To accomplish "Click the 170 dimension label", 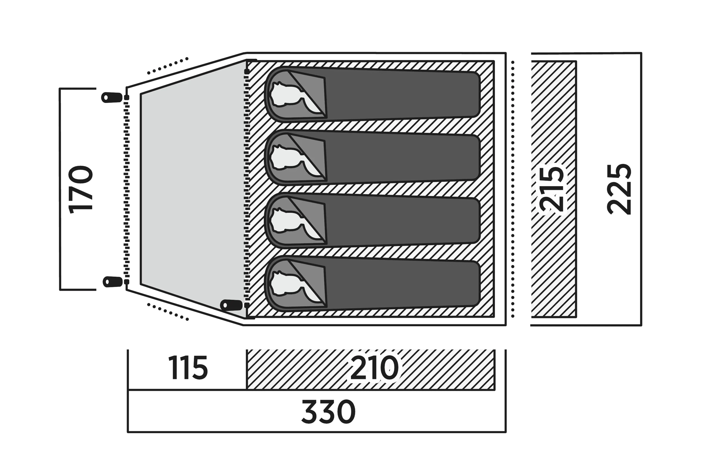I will coord(81,189).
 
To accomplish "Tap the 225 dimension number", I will coord(619,189).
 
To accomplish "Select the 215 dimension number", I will coord(553,189).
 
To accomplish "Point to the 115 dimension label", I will coord(188,368).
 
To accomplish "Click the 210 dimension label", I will coord(374,368).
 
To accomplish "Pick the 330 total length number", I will coord(328,412).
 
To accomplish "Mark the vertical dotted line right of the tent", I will coord(513,189).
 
